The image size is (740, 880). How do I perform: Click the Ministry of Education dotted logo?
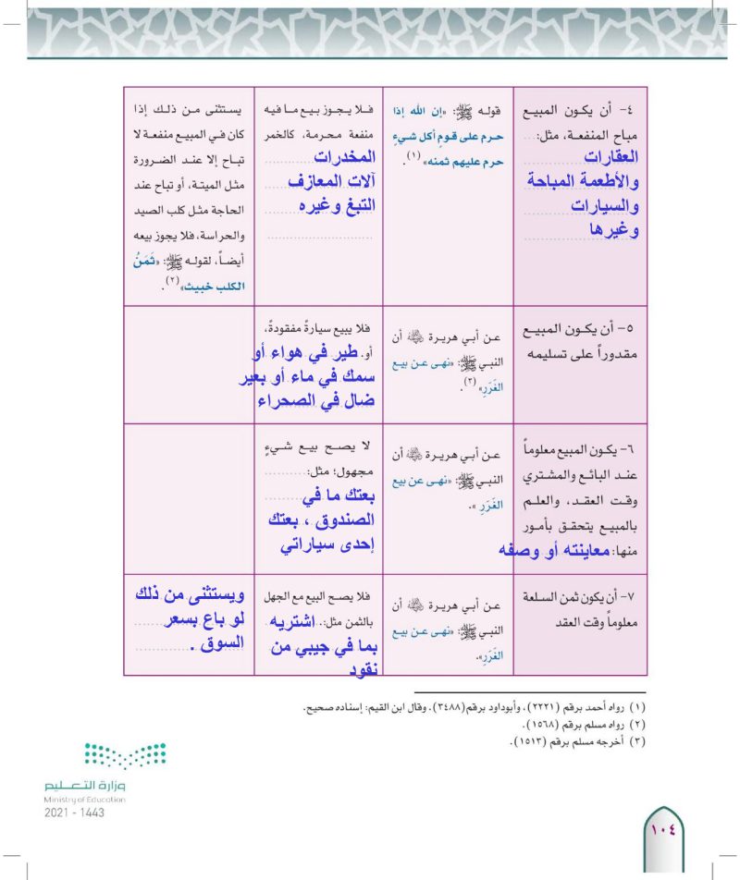point(126,758)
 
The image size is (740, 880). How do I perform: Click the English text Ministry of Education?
point(84,799)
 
